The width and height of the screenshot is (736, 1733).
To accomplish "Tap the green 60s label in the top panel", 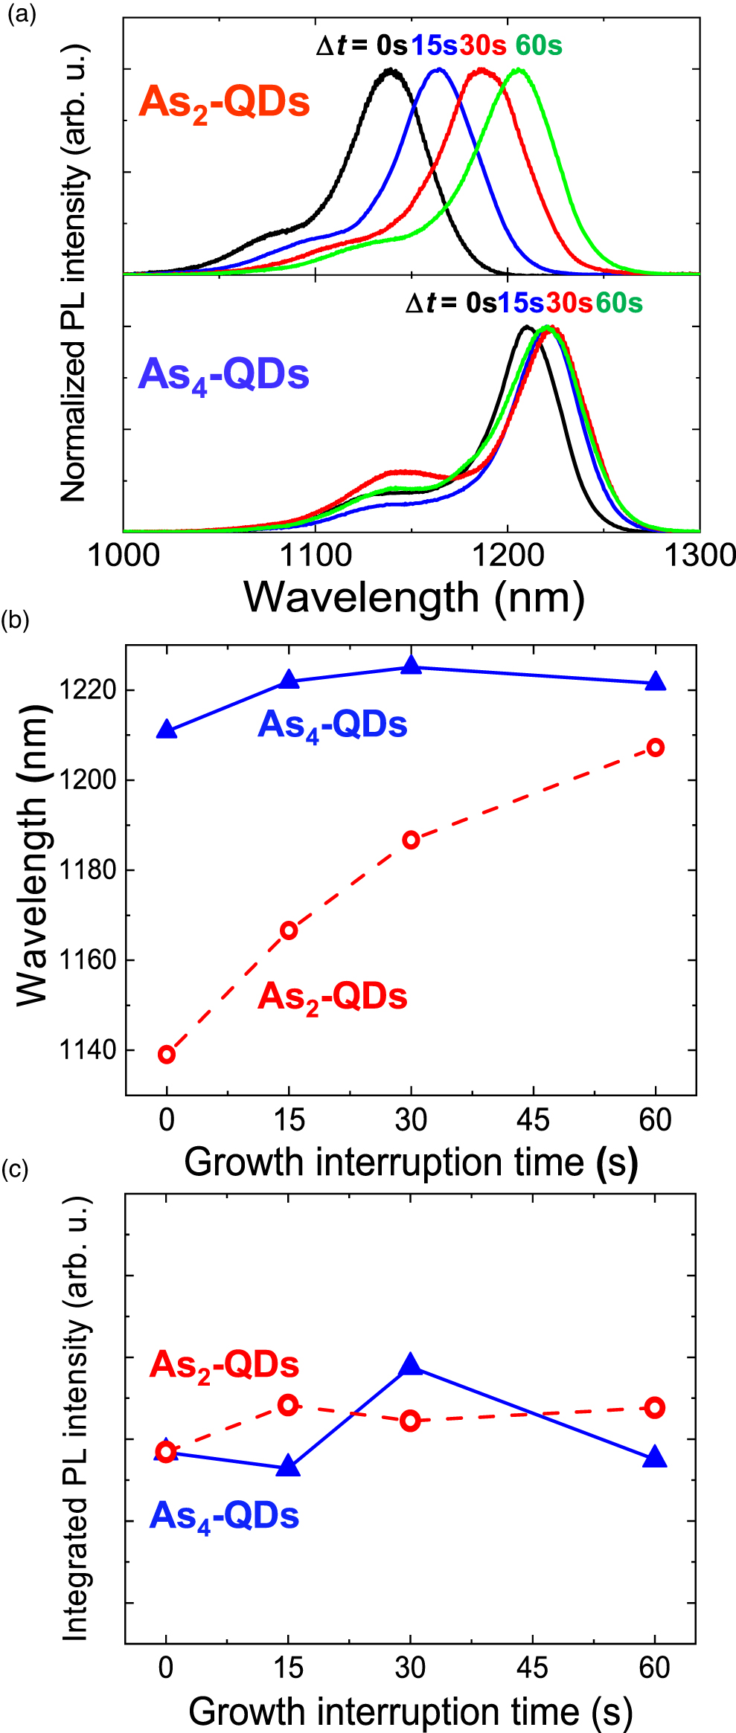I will coord(539,45).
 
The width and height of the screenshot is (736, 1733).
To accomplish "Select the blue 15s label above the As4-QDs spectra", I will coord(521,303).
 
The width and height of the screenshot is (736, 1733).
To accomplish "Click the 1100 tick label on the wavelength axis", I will coord(316,556).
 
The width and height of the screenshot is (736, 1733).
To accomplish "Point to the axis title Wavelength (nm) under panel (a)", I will coord(415,597).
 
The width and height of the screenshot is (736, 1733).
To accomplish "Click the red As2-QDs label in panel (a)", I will coord(224,102).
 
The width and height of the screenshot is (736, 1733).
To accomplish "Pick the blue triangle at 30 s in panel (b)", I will coord(411,666).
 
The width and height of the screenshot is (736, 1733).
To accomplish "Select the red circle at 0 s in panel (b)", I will coord(167,1054).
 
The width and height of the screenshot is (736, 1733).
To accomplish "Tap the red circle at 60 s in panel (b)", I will coord(655,747).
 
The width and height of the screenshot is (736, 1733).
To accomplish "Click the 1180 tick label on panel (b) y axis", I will coord(88,870).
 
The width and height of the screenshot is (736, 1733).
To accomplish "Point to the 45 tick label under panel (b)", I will coord(533,1120).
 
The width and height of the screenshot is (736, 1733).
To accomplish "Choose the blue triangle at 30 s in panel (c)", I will coord(410,1366).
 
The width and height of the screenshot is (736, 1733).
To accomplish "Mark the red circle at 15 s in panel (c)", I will coord(288,1405).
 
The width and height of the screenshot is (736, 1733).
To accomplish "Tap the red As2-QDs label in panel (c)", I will coord(224,1366).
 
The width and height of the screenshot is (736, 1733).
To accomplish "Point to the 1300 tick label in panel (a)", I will coord(699,556).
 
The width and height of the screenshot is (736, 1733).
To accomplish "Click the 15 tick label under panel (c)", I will coord(288,1668).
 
